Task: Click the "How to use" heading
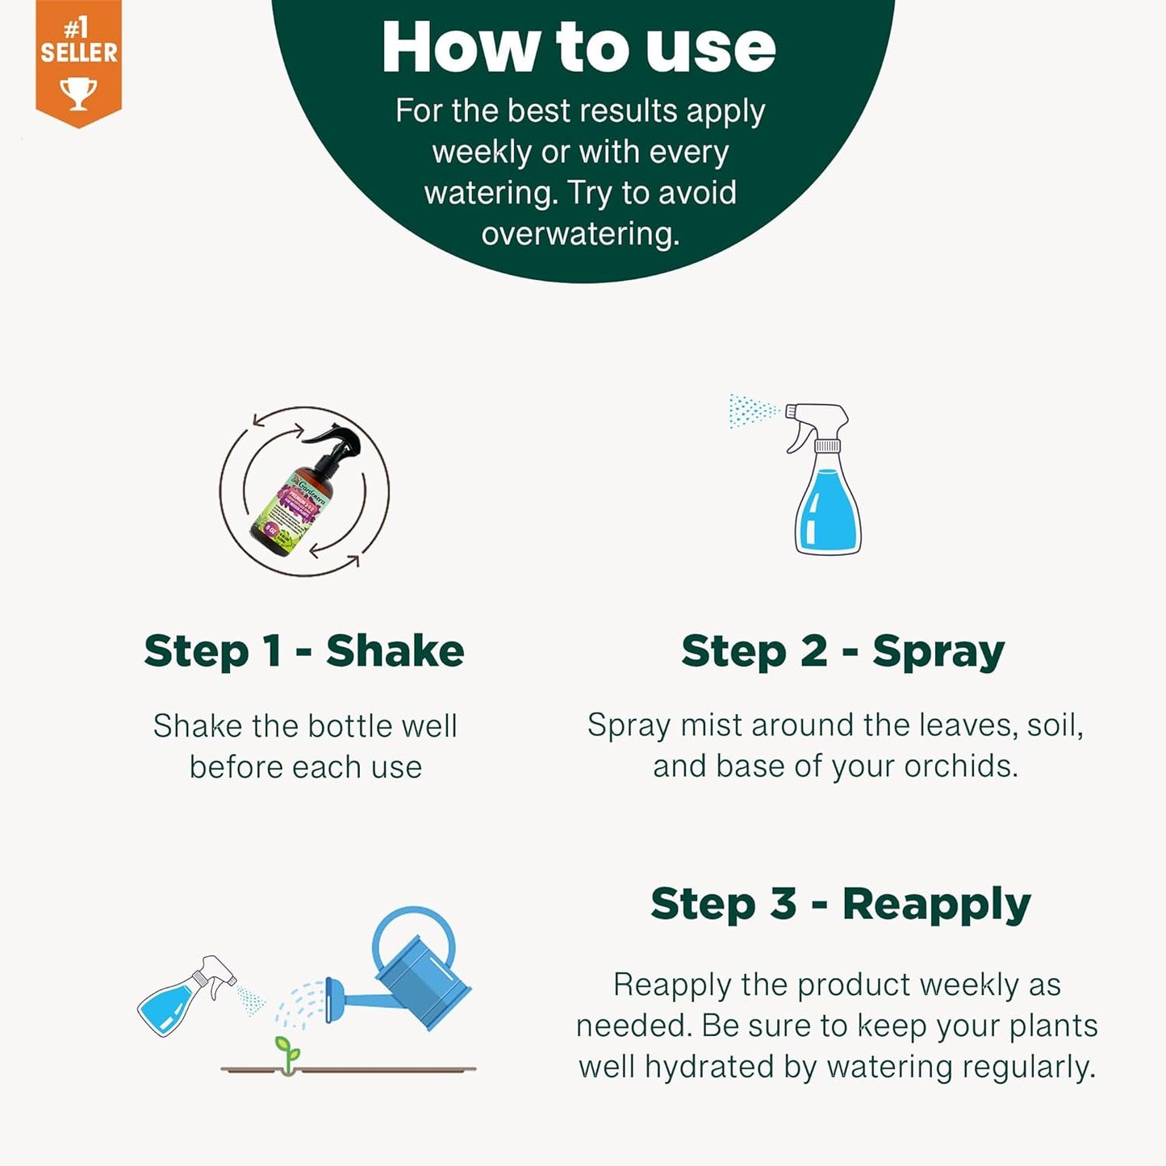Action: [579, 48]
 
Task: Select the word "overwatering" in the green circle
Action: [579, 234]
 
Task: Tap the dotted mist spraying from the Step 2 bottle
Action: [752, 411]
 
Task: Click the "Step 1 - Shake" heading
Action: [304, 651]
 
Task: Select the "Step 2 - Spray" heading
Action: [842, 651]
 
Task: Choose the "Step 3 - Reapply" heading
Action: [840, 904]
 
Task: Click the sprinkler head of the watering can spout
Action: [328, 1001]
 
